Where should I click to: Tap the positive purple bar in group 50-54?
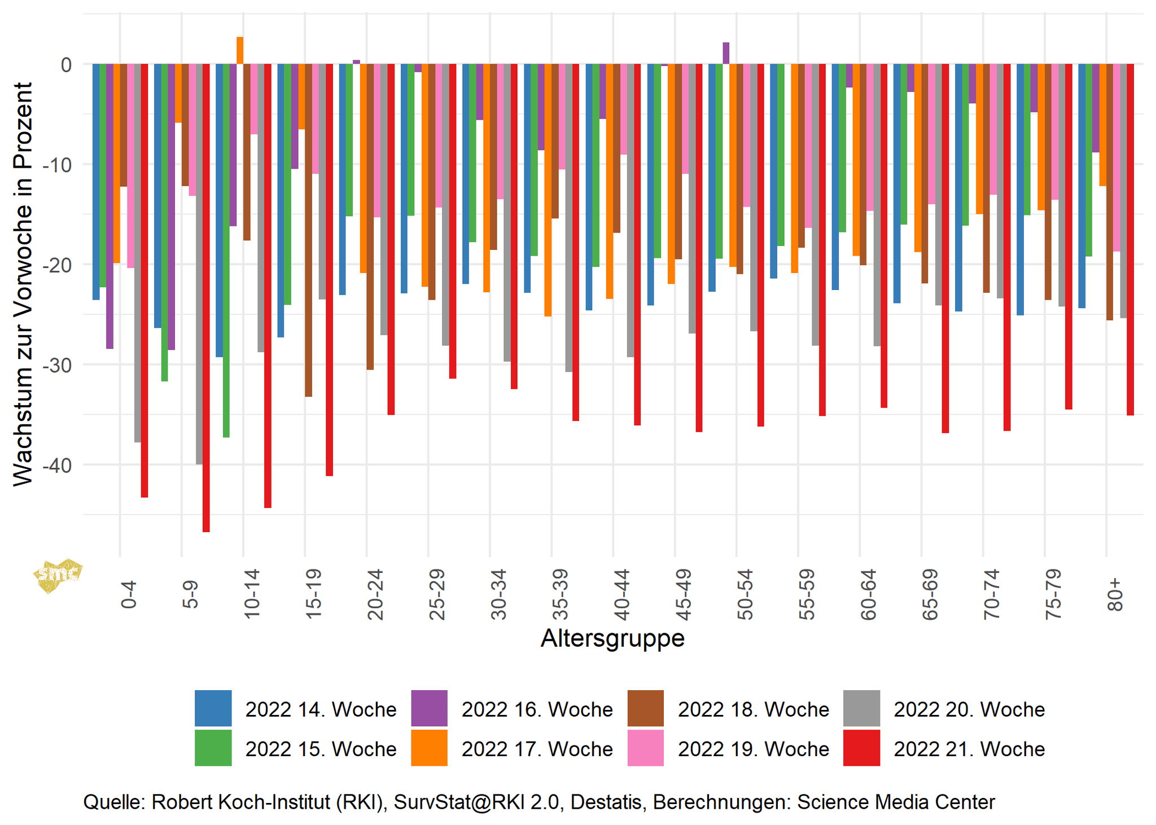pos(726,54)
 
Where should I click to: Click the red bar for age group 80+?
pos(1130,239)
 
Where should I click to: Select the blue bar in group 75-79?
pos(1020,189)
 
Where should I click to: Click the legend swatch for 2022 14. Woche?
pos(213,708)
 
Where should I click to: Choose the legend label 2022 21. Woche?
pos(969,749)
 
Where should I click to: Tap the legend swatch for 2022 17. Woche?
pos(429,748)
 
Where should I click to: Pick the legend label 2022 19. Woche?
pos(753,749)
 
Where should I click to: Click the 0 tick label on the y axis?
pos(66,64)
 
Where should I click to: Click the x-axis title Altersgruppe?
pos(612,638)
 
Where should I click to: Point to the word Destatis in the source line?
pos(606,802)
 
